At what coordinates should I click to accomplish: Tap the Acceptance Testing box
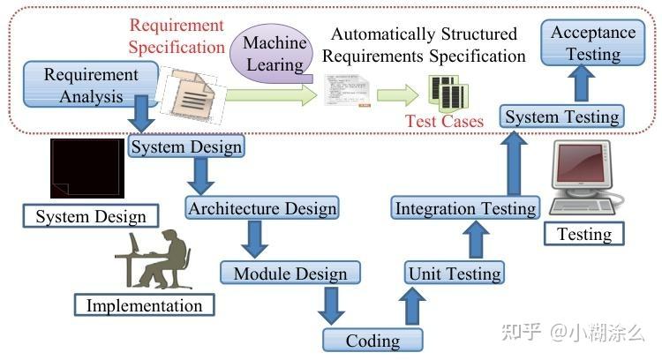click(x=593, y=43)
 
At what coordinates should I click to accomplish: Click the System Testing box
click(x=562, y=116)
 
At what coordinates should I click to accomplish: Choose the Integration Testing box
click(x=465, y=208)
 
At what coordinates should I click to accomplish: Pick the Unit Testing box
click(x=455, y=273)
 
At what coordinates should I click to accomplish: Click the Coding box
click(x=372, y=340)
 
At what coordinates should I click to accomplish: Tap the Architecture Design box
click(x=262, y=208)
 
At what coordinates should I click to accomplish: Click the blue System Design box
click(x=186, y=146)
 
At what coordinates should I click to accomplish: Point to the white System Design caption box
click(x=91, y=216)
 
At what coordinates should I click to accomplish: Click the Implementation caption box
click(x=144, y=305)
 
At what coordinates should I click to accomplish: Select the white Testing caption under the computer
click(x=584, y=233)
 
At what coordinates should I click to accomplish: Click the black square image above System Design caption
click(x=87, y=168)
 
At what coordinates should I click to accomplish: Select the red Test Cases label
click(x=445, y=121)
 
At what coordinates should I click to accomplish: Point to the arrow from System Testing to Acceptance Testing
click(x=579, y=85)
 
